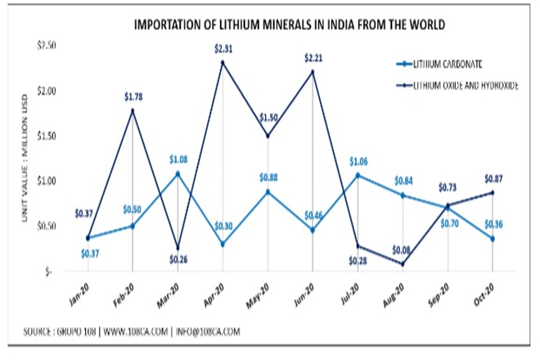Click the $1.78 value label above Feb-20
pyautogui.click(x=133, y=97)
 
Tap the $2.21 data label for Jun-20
pyautogui.click(x=313, y=57)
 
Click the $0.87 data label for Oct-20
pyautogui.click(x=493, y=178)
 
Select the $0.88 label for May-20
pyautogui.click(x=267, y=178)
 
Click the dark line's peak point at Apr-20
pyautogui.click(x=223, y=61)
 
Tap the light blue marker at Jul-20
pyautogui.click(x=358, y=174)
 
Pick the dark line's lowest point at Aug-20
pyautogui.click(x=403, y=263)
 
